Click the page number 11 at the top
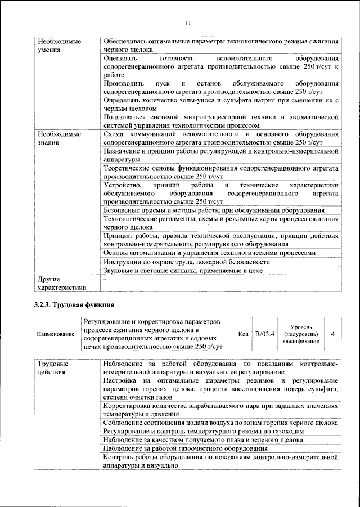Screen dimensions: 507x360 click(x=188, y=23)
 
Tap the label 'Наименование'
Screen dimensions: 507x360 click(x=56, y=334)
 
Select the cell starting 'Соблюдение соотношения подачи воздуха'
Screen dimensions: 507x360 click(x=221, y=422)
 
